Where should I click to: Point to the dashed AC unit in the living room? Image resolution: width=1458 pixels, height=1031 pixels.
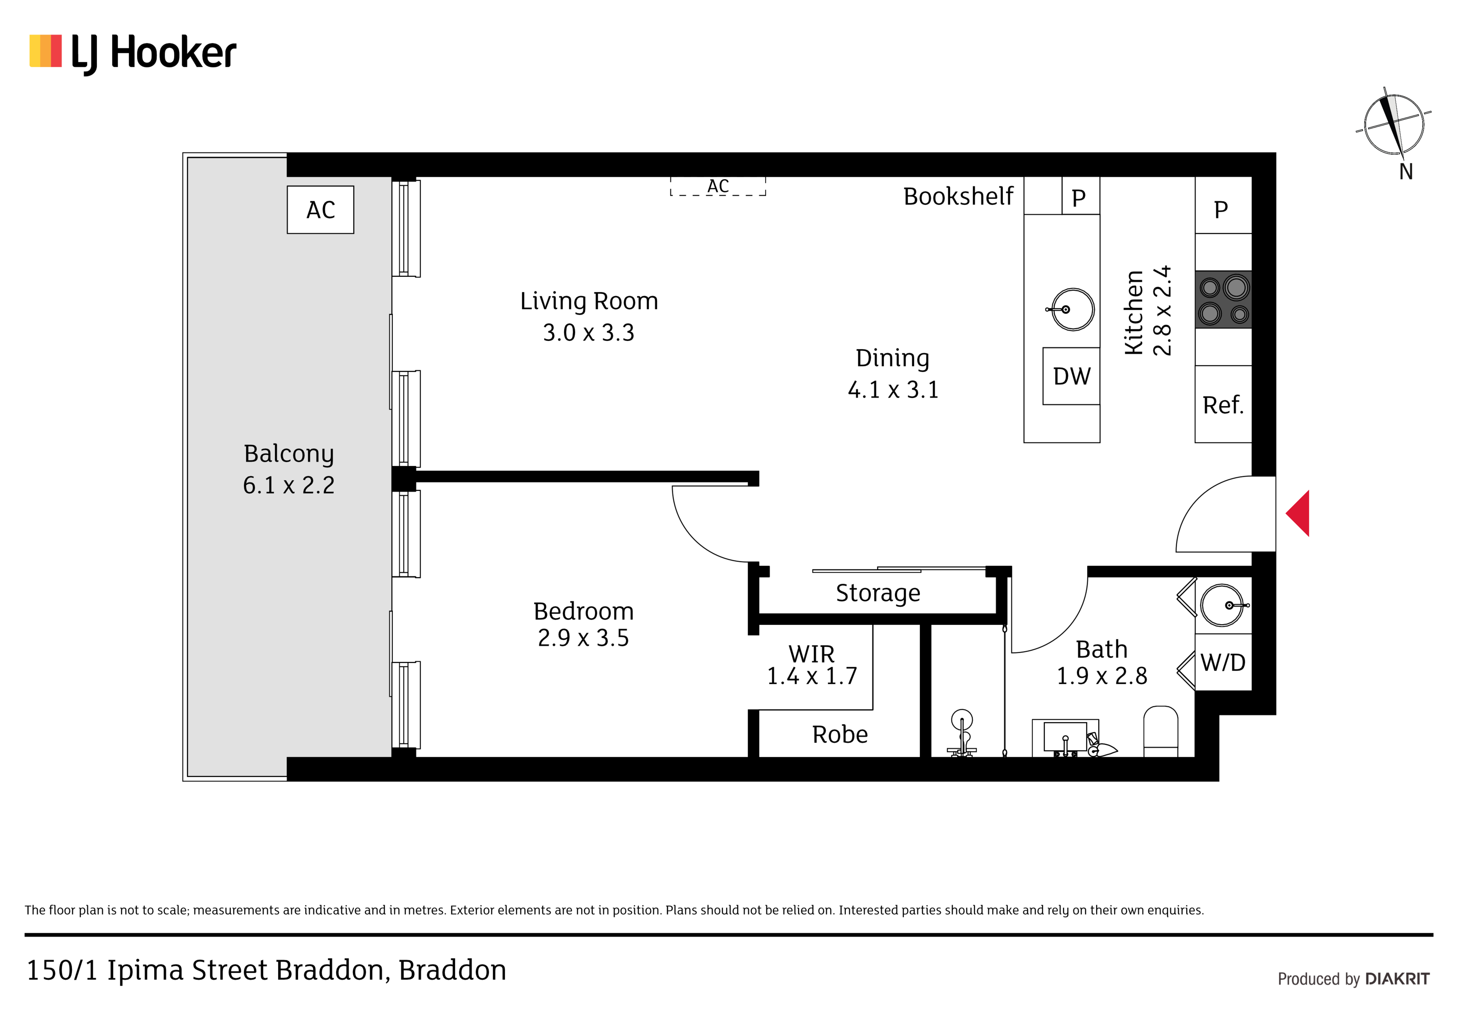click(x=718, y=186)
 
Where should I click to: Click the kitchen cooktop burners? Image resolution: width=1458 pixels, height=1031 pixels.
click(x=1223, y=299)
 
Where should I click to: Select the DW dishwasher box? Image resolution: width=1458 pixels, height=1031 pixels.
click(x=1071, y=376)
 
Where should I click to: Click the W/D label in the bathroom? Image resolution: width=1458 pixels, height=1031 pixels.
click(x=1223, y=663)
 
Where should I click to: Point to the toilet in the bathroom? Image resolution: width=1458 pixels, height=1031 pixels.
click(x=1160, y=731)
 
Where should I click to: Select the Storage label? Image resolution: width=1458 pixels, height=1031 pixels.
click(x=878, y=593)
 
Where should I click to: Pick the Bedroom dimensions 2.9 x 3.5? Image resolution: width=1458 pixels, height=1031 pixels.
click(x=583, y=638)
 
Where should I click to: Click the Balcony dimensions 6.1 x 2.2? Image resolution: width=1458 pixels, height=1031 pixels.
click(x=288, y=485)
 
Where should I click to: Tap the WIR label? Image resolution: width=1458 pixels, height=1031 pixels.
click(x=812, y=654)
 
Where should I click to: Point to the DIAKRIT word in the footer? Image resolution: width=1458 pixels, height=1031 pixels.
click(x=1397, y=979)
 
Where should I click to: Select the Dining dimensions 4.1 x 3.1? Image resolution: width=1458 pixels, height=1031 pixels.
click(x=893, y=390)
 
